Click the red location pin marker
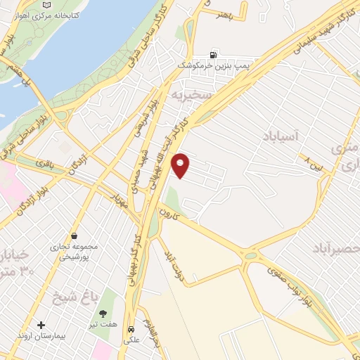[181, 165]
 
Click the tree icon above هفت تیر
[104, 313]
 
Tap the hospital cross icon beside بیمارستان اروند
[41, 326]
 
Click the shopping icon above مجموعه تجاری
[74, 237]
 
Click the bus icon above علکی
[131, 330]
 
